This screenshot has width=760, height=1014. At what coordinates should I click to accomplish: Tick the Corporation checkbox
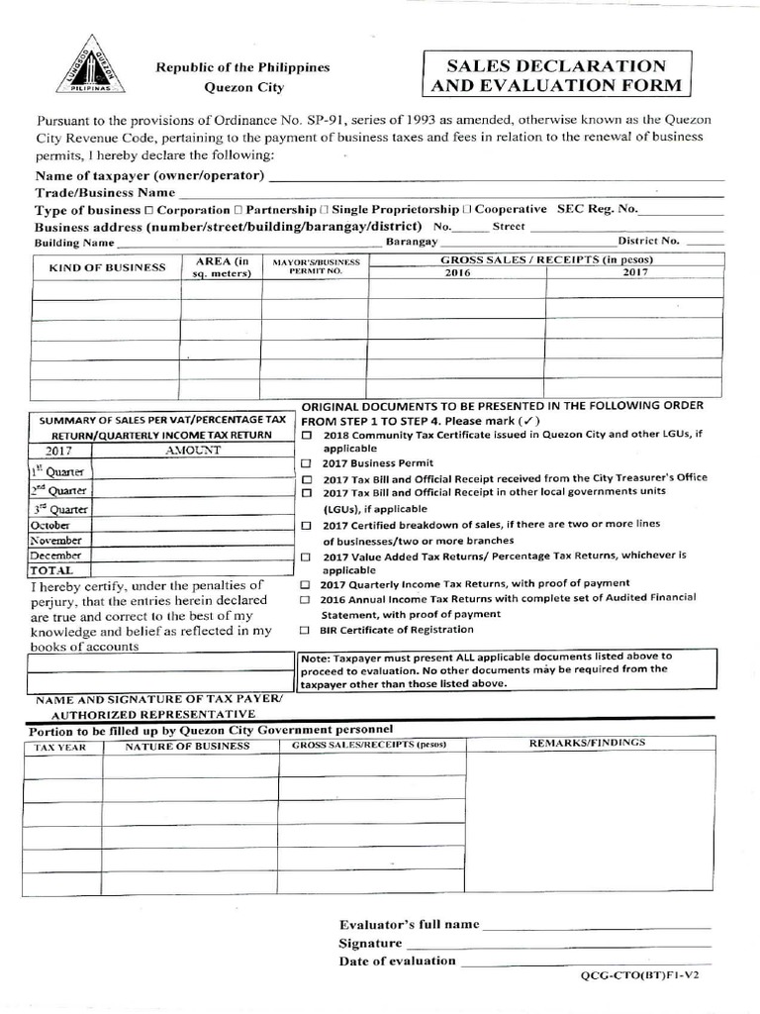[x=148, y=211]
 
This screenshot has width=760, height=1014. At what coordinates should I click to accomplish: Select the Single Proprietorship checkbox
[x=325, y=211]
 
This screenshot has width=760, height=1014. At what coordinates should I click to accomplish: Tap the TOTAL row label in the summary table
[x=51, y=571]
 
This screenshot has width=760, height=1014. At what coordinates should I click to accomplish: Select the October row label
[x=50, y=525]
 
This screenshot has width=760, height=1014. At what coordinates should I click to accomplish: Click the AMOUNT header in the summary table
[x=194, y=450]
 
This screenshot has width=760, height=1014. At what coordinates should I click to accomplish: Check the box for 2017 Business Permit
[x=307, y=463]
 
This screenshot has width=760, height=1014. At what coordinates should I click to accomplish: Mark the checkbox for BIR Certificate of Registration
[x=307, y=630]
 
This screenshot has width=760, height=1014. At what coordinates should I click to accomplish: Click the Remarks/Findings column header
[x=587, y=742]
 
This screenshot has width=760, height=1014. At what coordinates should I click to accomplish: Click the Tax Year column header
[x=62, y=747]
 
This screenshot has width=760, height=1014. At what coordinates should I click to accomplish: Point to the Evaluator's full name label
[x=409, y=924]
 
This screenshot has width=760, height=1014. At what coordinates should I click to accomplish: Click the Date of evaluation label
[x=397, y=961]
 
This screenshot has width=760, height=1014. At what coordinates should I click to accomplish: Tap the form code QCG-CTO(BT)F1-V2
[x=645, y=975]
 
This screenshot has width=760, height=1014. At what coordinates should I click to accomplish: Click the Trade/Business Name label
[x=106, y=192]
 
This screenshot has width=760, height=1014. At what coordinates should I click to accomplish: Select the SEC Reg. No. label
[x=598, y=210]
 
